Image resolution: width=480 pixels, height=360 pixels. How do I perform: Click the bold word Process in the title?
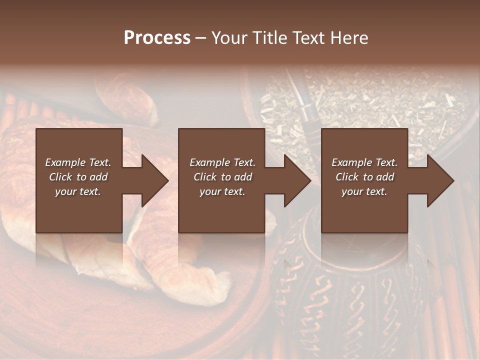pyautogui.click(x=157, y=38)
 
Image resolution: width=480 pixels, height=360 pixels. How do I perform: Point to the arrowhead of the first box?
pyautogui.click(x=154, y=180)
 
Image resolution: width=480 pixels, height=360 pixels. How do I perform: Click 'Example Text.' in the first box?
pyautogui.click(x=78, y=162)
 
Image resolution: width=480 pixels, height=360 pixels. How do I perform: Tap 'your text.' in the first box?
pyautogui.click(x=78, y=191)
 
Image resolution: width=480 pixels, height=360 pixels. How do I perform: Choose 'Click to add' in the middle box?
pyautogui.click(x=222, y=177)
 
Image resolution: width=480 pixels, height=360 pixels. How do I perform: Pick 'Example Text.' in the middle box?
pyautogui.click(x=222, y=162)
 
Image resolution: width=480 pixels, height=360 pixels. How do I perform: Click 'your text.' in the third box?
pyautogui.click(x=364, y=191)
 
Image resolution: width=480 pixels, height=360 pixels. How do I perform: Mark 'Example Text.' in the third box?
pyautogui.click(x=364, y=162)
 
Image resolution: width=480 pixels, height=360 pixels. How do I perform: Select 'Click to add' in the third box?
pyautogui.click(x=364, y=177)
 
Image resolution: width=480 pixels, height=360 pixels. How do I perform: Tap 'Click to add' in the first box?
pyautogui.click(x=78, y=177)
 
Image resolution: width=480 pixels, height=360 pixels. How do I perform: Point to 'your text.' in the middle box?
pyautogui.click(x=222, y=191)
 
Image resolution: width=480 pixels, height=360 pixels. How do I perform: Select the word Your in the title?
pyautogui.click(x=230, y=38)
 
